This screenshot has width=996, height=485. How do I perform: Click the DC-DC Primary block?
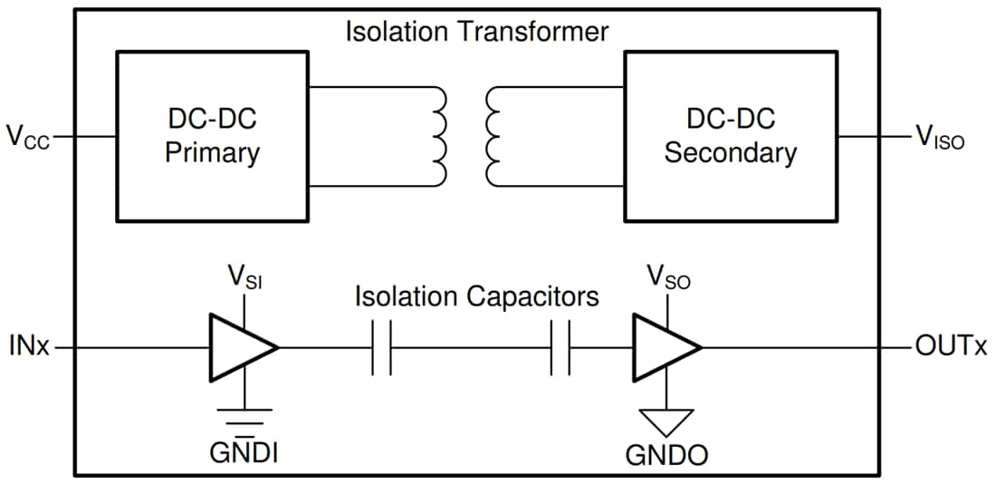click(212, 136)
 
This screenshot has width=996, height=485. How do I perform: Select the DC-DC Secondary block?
click(730, 136)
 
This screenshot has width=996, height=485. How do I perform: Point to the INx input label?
click(29, 347)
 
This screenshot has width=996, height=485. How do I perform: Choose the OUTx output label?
click(950, 347)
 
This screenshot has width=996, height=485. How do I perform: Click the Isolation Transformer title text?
click(476, 31)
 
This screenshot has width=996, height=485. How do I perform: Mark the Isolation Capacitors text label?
click(476, 296)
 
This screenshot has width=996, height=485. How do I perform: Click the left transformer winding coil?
click(440, 137)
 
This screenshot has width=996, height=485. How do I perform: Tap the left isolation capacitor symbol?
click(381, 347)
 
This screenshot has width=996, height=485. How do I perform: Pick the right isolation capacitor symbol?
click(560, 347)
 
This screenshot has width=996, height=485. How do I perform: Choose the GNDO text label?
click(666, 455)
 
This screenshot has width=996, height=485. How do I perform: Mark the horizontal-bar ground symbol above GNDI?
click(243, 416)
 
